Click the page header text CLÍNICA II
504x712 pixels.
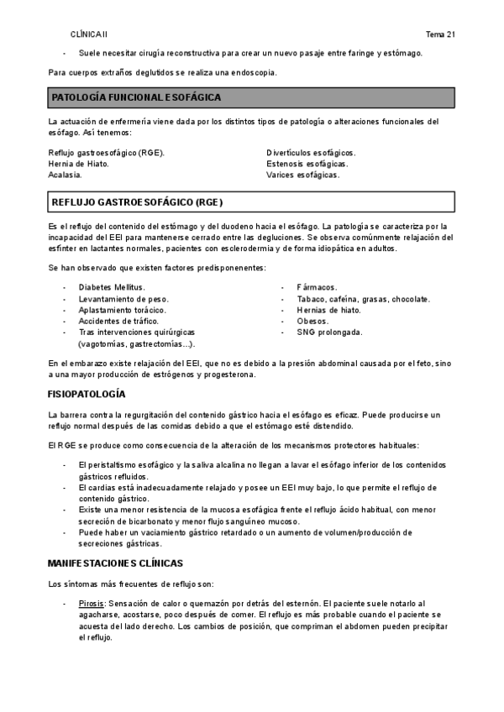pyautogui.click(x=89, y=34)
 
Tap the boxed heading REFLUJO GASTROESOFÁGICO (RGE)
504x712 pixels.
pyautogui.click(x=138, y=202)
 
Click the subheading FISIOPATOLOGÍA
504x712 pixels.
pyautogui.click(x=87, y=394)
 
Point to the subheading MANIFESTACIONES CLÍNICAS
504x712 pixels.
pyautogui.click(x=116, y=562)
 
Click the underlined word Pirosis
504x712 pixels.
pyautogui.click(x=92, y=603)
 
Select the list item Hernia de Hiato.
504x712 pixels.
pyautogui.click(x=79, y=164)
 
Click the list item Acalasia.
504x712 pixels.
pyautogui.click(x=66, y=175)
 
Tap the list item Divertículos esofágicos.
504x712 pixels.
pyautogui.click(x=311, y=152)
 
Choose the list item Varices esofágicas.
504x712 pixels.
pyautogui.click(x=303, y=175)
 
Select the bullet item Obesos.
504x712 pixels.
pyautogui.click(x=312, y=321)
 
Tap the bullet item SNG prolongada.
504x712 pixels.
pyautogui.click(x=329, y=332)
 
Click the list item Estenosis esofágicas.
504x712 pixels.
pyautogui.click(x=307, y=164)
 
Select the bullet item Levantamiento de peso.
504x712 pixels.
pyautogui.click(x=123, y=299)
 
